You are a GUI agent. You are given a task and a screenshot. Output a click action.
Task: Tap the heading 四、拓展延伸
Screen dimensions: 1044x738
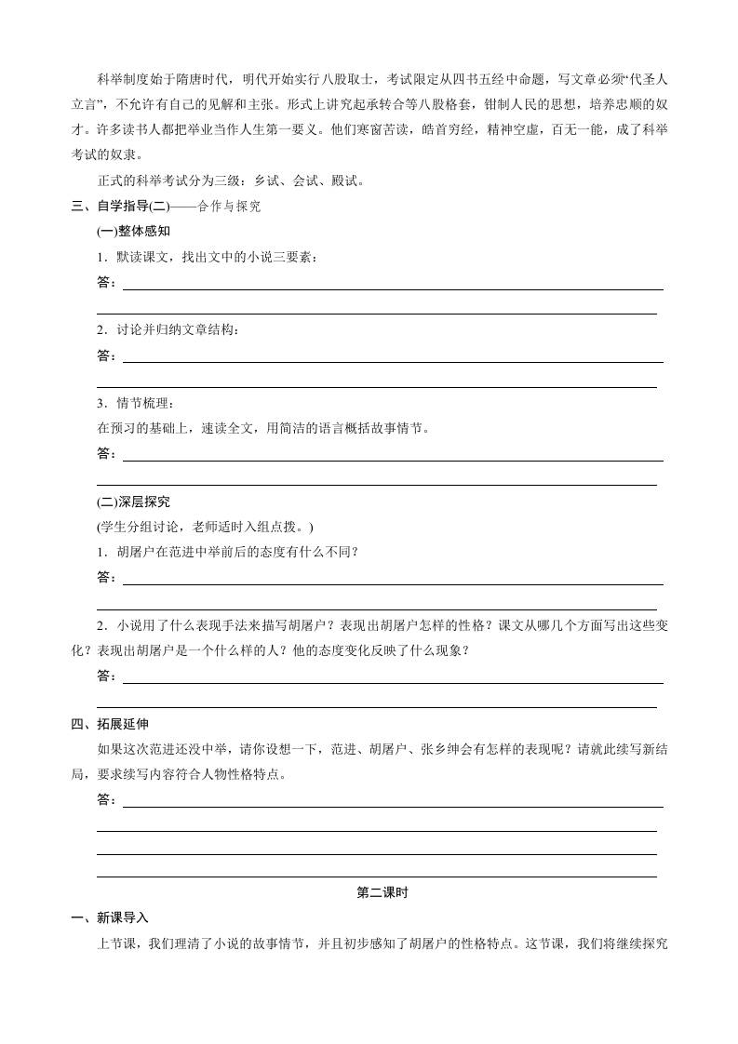pyautogui.click(x=109, y=723)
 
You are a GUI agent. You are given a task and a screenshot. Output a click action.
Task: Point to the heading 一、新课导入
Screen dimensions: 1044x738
pyautogui.click(x=109, y=917)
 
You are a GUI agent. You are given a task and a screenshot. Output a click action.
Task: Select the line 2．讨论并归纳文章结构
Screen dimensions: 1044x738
pyautogui.click(x=168, y=330)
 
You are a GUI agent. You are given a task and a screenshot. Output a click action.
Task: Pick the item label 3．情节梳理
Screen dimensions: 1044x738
pyautogui.click(x=135, y=403)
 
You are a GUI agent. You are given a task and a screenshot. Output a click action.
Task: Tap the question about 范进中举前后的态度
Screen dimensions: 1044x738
pyautogui.click(x=228, y=551)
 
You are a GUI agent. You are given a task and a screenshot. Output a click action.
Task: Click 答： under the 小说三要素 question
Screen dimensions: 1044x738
pyautogui.click(x=107, y=282)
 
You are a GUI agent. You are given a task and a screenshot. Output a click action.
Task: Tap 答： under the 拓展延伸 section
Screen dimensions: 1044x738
pyautogui.click(x=107, y=799)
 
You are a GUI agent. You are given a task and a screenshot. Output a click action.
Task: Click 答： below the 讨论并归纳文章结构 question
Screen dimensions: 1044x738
pyautogui.click(x=107, y=355)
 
